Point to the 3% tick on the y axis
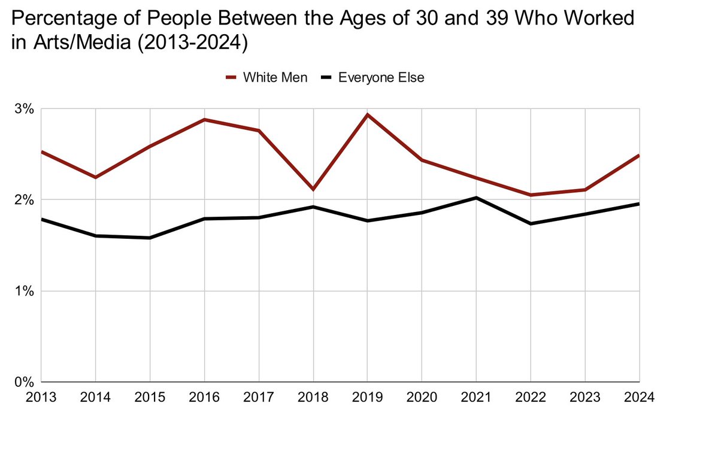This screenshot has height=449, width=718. [26, 110]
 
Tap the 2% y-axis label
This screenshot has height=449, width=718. [26, 200]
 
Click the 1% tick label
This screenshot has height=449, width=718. [26, 291]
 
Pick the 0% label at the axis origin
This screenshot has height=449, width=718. [26, 381]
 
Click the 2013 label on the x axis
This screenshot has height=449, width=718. [41, 397]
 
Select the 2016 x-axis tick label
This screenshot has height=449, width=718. [204, 397]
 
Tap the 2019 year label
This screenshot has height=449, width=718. [366, 397]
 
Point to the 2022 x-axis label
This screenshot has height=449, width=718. [530, 397]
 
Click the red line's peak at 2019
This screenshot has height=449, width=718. [367, 114]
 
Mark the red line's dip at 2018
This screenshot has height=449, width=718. [313, 189]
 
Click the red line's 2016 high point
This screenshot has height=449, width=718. [204, 120]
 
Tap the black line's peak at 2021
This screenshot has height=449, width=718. [476, 198]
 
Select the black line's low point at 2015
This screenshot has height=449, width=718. [150, 238]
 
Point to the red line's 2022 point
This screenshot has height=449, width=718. [530, 195]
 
